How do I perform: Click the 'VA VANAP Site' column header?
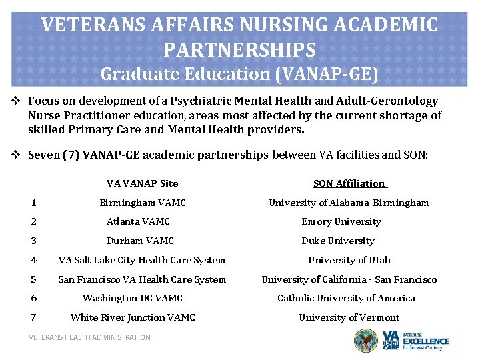coord(142,183)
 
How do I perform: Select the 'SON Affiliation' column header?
coord(349,183)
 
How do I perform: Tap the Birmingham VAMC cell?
coord(142,203)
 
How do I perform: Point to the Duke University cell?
coord(337,241)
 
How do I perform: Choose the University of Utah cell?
coord(349,260)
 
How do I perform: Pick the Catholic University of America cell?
coord(346,298)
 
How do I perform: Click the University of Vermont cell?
coord(349,317)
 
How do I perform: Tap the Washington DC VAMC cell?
coord(132,298)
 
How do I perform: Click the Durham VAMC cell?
coord(140,241)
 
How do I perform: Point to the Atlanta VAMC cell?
coord(138,221)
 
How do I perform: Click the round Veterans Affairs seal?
coord(365,341)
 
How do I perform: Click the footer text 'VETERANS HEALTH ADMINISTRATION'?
coord(89,337)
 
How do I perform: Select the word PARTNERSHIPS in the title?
coord(239,49)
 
